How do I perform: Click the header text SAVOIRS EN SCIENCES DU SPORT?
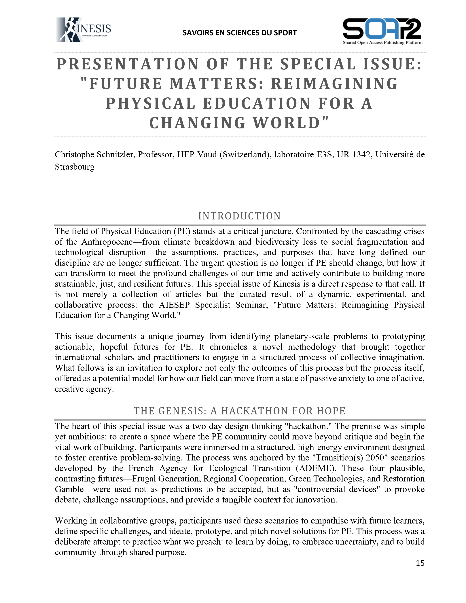239,33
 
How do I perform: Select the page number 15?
420,563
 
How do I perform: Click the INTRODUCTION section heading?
239,216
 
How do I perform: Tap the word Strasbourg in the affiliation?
75,167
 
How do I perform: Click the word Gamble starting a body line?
69,489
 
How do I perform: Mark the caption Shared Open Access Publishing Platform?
382,43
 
